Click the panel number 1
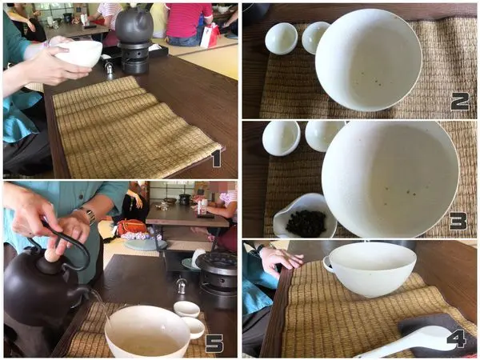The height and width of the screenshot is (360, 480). click(217, 158)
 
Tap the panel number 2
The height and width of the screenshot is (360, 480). click(460, 102)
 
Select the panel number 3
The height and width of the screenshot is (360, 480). click(458, 221)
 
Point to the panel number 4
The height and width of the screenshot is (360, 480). click(456, 338)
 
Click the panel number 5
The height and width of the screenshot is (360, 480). click(214, 343)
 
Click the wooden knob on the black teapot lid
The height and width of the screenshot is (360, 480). click(52, 255)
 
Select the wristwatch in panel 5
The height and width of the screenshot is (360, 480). click(88, 215)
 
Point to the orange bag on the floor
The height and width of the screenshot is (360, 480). click(132, 227)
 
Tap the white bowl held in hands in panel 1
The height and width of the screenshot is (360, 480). click(78, 54)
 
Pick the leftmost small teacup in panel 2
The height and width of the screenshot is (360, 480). click(281, 38)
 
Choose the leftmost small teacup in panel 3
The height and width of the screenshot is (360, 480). click(282, 138)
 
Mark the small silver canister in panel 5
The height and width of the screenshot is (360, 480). click(182, 287)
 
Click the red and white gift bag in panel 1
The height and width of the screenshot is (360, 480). click(210, 36)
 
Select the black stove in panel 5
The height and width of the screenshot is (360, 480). click(217, 278)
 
